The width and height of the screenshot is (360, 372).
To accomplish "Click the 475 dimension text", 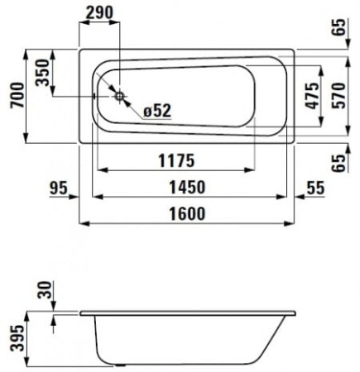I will [x=311, y=96].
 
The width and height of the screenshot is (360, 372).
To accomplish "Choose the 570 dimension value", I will [x=336, y=97].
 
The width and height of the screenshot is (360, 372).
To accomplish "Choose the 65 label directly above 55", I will [x=338, y=160].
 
